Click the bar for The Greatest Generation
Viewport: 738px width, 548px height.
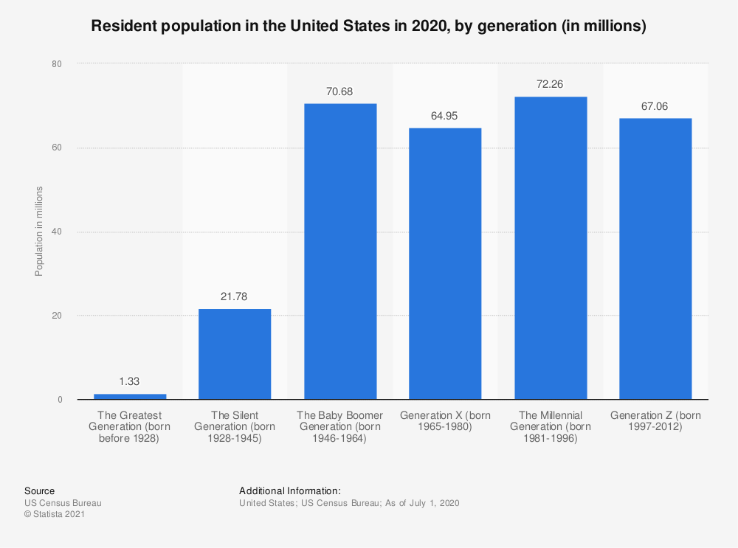coord(130,397)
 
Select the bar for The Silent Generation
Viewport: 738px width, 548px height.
coord(235,354)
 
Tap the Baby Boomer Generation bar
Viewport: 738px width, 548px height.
coord(340,252)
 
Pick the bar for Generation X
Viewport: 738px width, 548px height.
coord(445,264)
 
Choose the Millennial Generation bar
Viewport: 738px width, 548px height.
coord(551,249)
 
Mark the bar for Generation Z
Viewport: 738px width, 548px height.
coord(655,259)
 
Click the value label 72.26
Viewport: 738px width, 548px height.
coord(551,85)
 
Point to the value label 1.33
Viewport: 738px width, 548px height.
coord(130,382)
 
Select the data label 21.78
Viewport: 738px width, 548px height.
coord(235,296)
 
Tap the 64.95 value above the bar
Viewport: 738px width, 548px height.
coord(445,116)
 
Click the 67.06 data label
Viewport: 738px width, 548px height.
coord(655,106)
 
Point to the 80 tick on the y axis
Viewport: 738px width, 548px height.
coord(56,64)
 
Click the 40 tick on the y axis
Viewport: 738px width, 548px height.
coord(56,232)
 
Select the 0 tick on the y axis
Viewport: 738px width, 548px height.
coord(58,400)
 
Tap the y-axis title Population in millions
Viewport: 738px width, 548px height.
coord(39,232)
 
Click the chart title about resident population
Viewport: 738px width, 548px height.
coord(368,27)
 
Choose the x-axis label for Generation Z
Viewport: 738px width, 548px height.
coord(655,421)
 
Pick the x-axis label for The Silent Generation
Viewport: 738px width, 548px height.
coord(235,427)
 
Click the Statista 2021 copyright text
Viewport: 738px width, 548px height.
coord(54,515)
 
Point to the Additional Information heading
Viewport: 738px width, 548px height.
coord(289,490)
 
